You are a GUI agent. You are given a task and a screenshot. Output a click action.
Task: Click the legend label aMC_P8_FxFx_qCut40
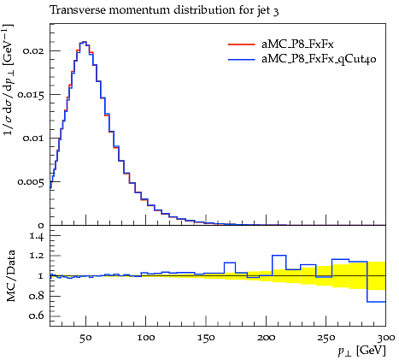coord(319,59)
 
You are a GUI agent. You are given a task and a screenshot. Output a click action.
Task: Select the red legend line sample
coord(241,44)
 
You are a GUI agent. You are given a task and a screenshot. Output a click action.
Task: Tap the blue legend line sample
coord(241,60)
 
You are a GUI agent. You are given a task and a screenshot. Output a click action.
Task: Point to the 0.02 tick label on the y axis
coord(34,51)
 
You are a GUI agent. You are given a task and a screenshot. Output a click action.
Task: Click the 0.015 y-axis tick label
coord(31,95)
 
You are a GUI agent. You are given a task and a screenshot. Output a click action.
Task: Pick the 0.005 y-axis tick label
coord(31,182)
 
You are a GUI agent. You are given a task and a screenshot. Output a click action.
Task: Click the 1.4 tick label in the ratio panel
coord(37,236)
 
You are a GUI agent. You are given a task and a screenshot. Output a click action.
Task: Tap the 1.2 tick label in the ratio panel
coord(37,256)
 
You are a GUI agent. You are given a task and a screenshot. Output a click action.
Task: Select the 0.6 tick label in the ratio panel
coord(37,316)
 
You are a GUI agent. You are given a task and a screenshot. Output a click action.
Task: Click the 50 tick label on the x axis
coord(85,338)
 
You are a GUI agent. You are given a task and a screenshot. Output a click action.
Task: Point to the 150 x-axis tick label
coord(206,338)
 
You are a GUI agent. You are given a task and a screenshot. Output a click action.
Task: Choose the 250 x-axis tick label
coord(326,338)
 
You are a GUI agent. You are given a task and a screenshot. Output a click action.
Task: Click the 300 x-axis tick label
coord(385,338)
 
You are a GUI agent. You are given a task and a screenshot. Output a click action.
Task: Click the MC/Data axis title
coord(10,276)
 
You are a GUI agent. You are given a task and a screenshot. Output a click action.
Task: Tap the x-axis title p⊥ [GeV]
coord(361,351)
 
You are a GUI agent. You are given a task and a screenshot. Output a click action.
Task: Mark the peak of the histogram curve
coord(83,42)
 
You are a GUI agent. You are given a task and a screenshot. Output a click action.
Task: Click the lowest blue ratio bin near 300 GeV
coord(376,302)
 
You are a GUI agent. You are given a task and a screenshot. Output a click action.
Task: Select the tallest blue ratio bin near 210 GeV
coord(279,256)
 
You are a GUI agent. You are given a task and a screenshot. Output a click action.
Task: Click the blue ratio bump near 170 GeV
coord(230,263)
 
